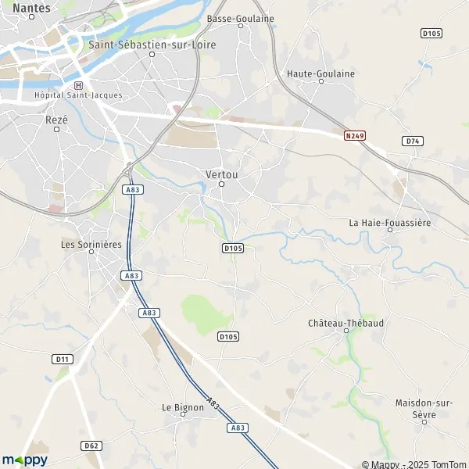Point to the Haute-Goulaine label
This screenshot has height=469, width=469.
(x=321, y=73)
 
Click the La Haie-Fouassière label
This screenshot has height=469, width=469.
(x=390, y=223)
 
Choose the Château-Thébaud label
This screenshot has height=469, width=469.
(x=345, y=322)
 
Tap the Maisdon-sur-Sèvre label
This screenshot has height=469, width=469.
(x=426, y=407)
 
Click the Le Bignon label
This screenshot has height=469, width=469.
(x=182, y=407)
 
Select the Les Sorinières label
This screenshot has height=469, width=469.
(x=91, y=245)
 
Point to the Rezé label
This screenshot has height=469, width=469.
(x=57, y=120)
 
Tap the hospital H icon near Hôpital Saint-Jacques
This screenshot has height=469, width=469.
(x=77, y=85)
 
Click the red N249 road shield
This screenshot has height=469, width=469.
(x=354, y=135)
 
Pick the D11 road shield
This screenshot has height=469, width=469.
(x=62, y=359)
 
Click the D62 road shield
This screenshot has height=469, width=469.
(x=91, y=446)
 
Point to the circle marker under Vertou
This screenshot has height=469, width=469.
(x=221, y=184)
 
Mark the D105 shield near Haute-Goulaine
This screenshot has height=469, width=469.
(x=431, y=33)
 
